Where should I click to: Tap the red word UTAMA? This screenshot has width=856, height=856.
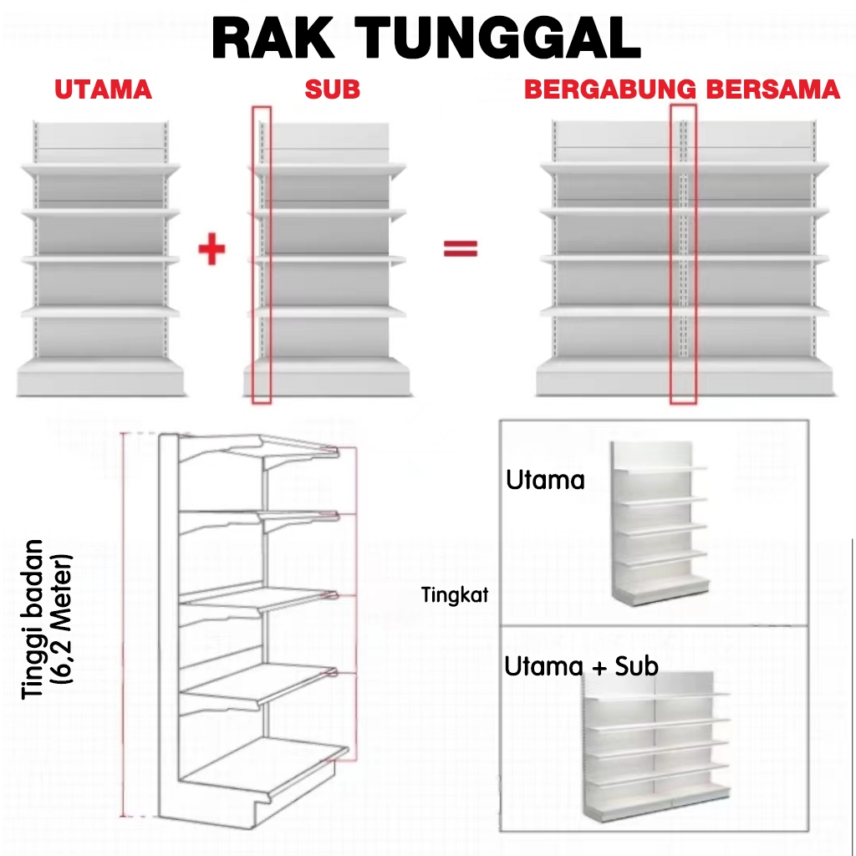point(104,89)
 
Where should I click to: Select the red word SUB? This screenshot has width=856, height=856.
point(332,89)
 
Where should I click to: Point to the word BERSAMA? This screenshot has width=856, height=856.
point(773,89)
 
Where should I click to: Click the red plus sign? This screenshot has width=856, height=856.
point(212,249)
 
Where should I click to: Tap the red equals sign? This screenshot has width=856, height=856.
point(460,248)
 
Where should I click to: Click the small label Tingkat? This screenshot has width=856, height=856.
point(455,596)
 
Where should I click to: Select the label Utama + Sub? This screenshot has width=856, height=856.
point(581,666)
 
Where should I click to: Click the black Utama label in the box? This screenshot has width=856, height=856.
point(545,480)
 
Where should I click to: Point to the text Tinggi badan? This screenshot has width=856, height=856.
point(34,619)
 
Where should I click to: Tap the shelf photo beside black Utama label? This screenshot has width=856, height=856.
point(659,522)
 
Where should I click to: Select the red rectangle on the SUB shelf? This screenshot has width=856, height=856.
point(262,255)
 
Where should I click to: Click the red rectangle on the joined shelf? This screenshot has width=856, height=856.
point(683,255)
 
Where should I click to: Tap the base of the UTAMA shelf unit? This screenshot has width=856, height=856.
point(100,379)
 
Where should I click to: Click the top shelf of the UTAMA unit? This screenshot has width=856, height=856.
point(100,169)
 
